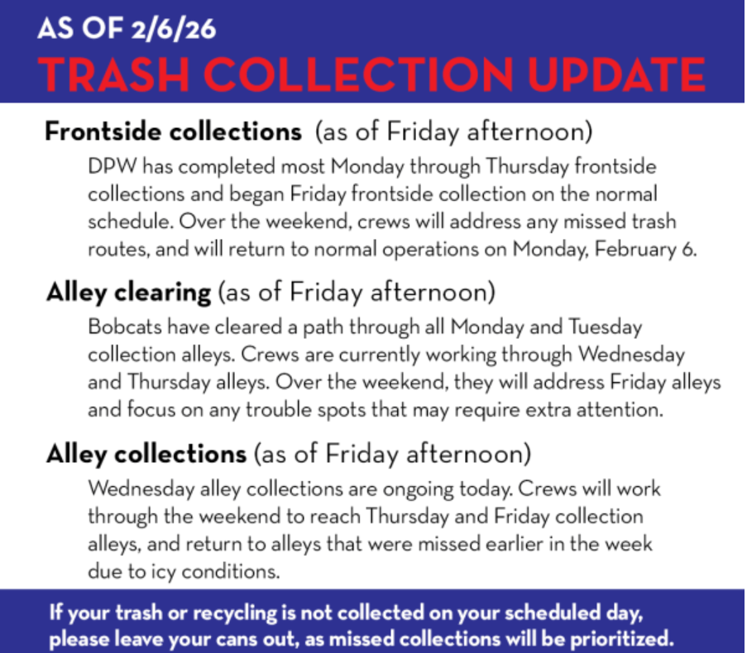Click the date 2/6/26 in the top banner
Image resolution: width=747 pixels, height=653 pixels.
coord(174,29)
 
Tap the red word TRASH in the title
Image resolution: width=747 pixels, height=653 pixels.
coord(114,74)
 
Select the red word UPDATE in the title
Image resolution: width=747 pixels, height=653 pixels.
coord(616,74)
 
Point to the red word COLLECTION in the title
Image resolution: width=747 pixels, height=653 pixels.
coord(359,74)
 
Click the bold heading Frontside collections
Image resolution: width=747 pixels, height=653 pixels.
coord(174,131)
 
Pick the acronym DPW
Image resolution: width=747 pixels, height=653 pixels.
coord(113,167)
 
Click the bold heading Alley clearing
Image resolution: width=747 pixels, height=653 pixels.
coord(128,292)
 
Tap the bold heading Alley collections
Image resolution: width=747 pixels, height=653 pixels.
coord(146,454)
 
